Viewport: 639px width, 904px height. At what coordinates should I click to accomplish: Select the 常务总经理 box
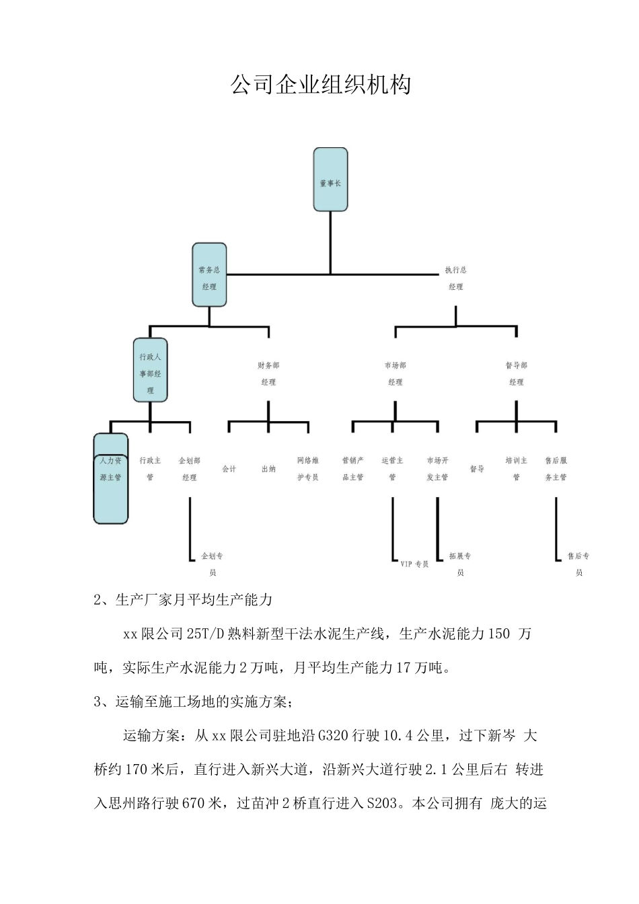pyautogui.click(x=209, y=277)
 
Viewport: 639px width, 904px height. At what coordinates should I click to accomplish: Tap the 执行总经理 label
pyautogui.click(x=455, y=278)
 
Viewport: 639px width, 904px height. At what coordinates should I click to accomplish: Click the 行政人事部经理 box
pyautogui.click(x=150, y=373)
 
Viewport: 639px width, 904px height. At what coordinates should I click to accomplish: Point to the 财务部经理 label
pyautogui.click(x=268, y=373)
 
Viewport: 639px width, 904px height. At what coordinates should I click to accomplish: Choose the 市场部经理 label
pyautogui.click(x=395, y=373)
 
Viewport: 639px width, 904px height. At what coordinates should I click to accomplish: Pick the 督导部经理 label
pyautogui.click(x=516, y=373)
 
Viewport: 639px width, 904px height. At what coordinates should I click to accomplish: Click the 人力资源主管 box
pyautogui.click(x=110, y=469)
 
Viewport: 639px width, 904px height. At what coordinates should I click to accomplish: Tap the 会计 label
pyautogui.click(x=229, y=469)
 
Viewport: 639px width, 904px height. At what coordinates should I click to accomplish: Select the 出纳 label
pyautogui.click(x=268, y=469)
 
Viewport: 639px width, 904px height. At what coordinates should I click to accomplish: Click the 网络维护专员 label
pyautogui.click(x=307, y=469)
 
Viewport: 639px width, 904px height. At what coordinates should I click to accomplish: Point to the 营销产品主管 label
pyautogui.click(x=352, y=469)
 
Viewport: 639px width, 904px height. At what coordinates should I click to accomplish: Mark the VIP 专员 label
pyautogui.click(x=414, y=564)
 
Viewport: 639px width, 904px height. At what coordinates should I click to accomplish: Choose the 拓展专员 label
pyautogui.click(x=460, y=564)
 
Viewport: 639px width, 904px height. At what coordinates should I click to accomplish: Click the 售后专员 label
pyautogui.click(x=578, y=564)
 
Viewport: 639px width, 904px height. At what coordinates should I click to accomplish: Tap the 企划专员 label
pyautogui.click(x=213, y=564)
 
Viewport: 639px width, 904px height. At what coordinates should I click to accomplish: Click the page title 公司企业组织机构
pyautogui.click(x=320, y=85)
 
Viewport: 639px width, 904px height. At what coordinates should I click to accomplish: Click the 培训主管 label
pyautogui.click(x=516, y=469)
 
